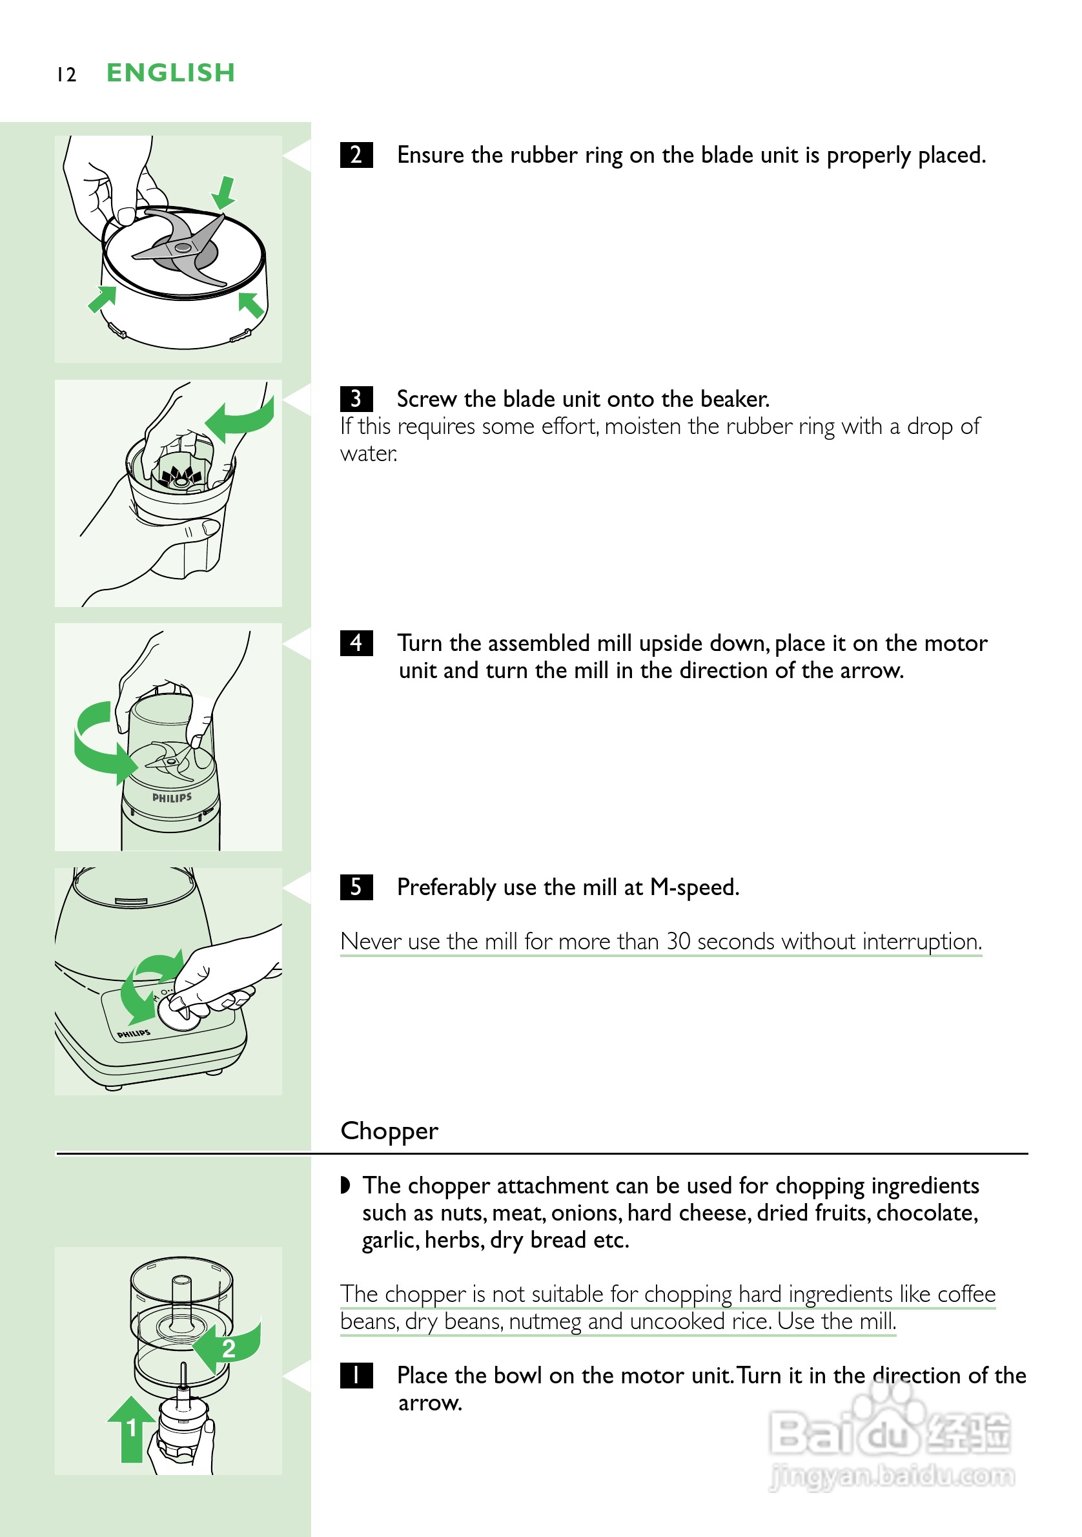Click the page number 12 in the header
[x=66, y=74]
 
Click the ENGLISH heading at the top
[x=170, y=72]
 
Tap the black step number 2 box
[x=356, y=154]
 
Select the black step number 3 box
[x=356, y=398]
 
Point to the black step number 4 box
[x=356, y=643]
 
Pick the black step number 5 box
[x=356, y=887]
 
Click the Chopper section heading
[x=389, y=1131]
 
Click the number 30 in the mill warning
[x=678, y=941]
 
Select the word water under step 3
[x=369, y=453]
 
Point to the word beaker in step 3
[x=735, y=399]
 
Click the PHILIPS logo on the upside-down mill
[x=172, y=798]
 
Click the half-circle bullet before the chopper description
[x=345, y=1186]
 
